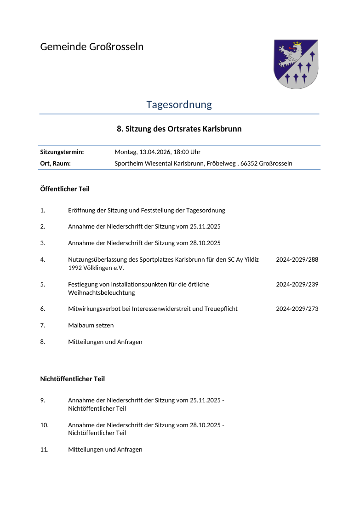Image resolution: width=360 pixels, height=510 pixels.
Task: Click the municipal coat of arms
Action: point(296,63)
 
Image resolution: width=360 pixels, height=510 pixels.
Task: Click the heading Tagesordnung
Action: point(179,105)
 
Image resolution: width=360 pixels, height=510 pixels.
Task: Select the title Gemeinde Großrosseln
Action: point(92,47)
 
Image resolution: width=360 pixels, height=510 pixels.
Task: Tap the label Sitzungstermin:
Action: point(62,152)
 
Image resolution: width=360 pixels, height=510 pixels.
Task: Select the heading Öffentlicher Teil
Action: point(65,189)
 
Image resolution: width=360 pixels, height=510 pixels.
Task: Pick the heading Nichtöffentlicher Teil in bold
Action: point(73,379)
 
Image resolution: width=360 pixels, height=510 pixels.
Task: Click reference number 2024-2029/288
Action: point(297,260)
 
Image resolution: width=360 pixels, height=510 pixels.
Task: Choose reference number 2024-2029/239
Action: point(297,285)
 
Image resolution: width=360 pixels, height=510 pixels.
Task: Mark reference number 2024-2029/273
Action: point(297,309)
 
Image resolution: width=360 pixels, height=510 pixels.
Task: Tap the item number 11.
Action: point(45,450)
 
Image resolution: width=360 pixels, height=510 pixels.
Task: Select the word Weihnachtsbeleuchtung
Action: point(102,293)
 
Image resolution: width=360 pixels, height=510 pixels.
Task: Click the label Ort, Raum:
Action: point(56,163)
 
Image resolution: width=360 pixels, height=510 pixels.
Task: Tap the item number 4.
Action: point(43,260)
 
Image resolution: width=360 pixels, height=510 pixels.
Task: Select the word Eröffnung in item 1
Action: point(82,211)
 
